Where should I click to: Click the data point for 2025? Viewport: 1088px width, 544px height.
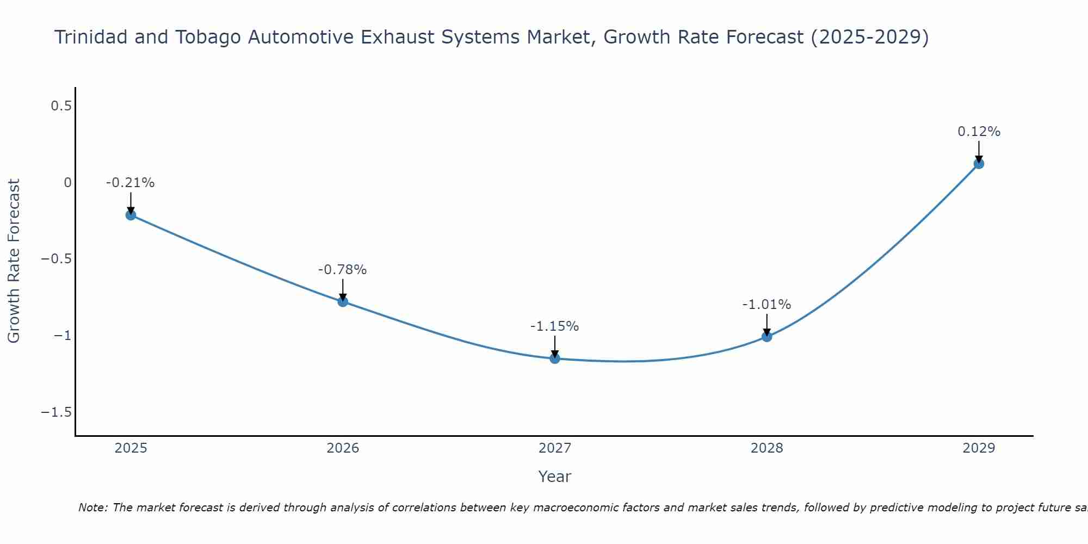(131, 215)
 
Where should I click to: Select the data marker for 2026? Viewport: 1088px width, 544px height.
(343, 301)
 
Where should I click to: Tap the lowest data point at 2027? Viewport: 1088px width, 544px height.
(555, 358)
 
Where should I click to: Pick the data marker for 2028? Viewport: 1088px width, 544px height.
(767, 337)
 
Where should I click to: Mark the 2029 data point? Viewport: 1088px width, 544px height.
(979, 163)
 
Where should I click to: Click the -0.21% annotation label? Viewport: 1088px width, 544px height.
(130, 183)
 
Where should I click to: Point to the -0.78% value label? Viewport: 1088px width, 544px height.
(342, 270)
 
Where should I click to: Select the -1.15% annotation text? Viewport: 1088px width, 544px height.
(554, 326)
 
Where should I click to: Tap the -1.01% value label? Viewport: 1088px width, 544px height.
(766, 305)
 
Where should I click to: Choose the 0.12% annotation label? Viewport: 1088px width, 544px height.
(979, 132)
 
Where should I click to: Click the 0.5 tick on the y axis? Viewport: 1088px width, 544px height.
(61, 106)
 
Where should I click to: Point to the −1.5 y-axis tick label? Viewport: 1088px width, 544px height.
(56, 412)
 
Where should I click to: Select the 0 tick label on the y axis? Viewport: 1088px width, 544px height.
(67, 183)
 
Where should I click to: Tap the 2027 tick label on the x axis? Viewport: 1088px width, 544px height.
(555, 448)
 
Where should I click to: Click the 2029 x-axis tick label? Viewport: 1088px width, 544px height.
(979, 448)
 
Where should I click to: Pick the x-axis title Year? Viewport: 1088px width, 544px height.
(554, 477)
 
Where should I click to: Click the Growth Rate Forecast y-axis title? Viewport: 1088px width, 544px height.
(14, 261)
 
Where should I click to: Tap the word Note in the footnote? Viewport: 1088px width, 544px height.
(93, 508)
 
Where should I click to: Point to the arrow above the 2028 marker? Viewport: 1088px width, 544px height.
(767, 324)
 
